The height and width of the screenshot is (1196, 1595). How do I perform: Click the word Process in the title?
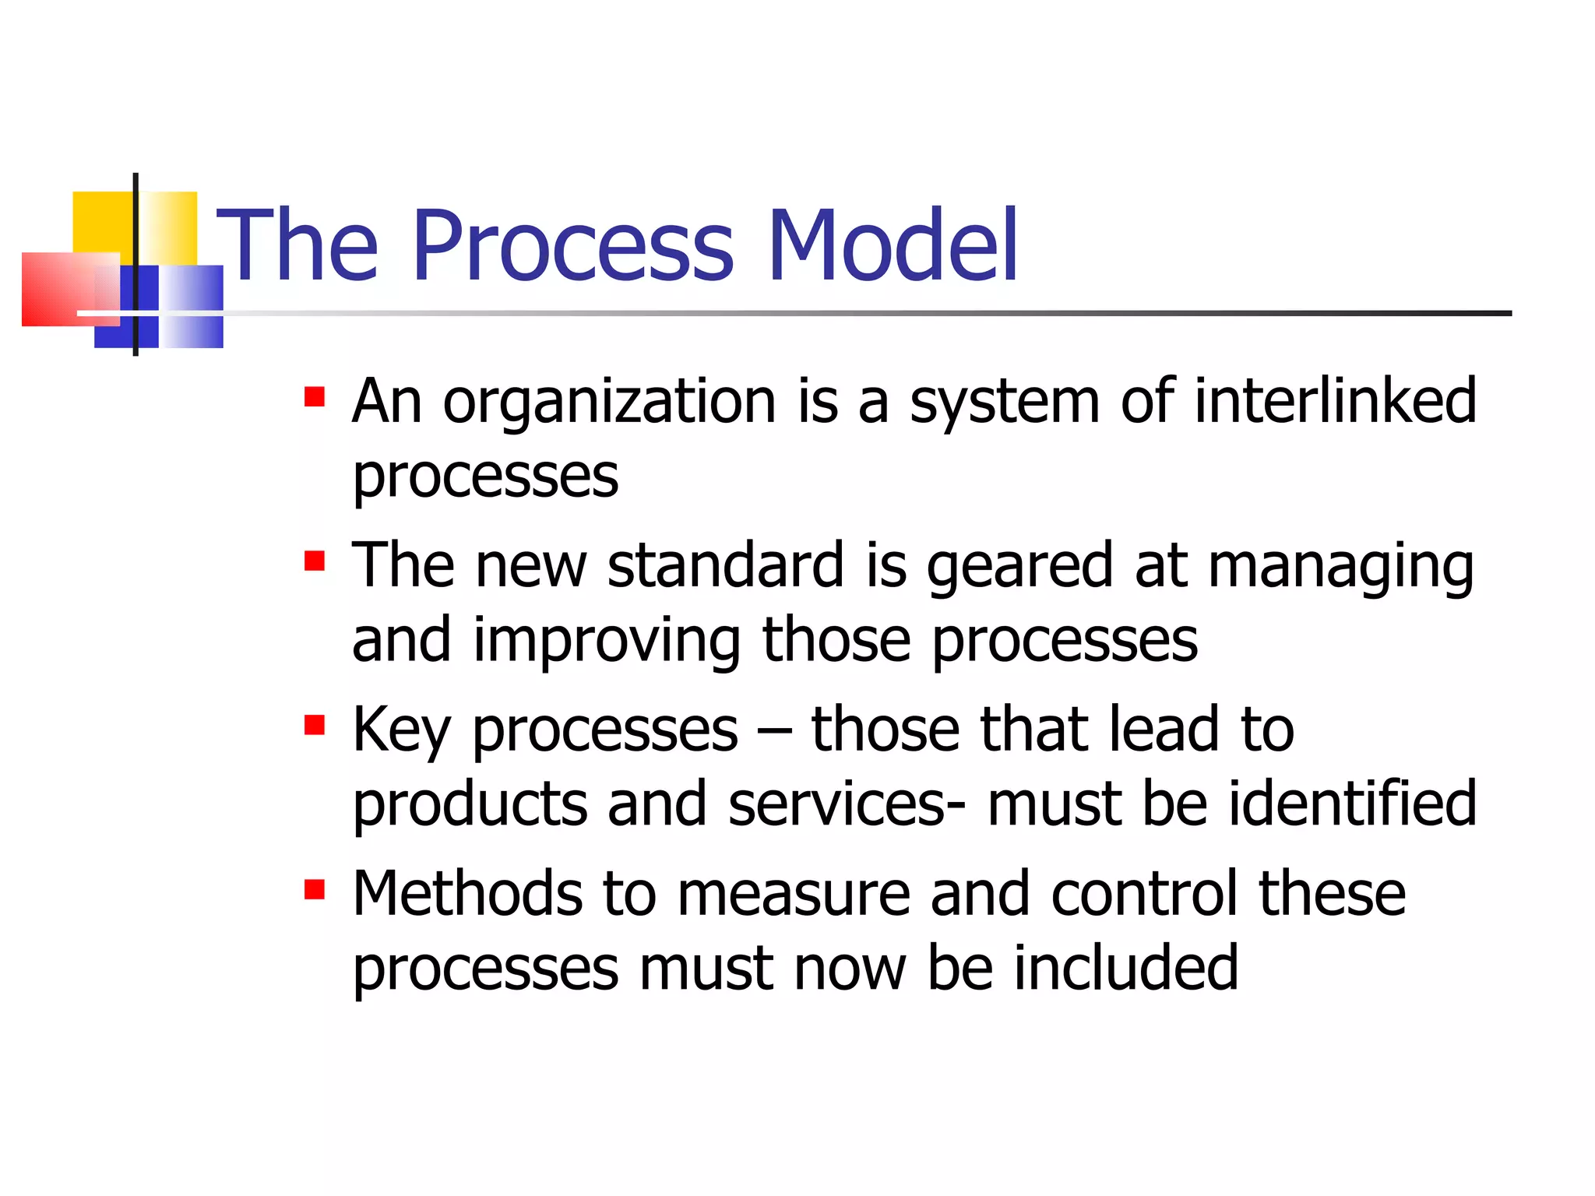[x=573, y=245]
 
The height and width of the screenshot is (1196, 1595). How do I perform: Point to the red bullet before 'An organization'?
[x=315, y=397]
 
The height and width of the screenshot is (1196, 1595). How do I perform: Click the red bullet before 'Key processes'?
[x=315, y=726]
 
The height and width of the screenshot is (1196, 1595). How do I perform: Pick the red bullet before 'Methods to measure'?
[x=315, y=889]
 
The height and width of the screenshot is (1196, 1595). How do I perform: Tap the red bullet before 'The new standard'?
[x=315, y=561]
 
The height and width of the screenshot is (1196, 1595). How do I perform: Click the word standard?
[x=726, y=565]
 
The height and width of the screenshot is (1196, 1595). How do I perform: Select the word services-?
[x=847, y=805]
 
